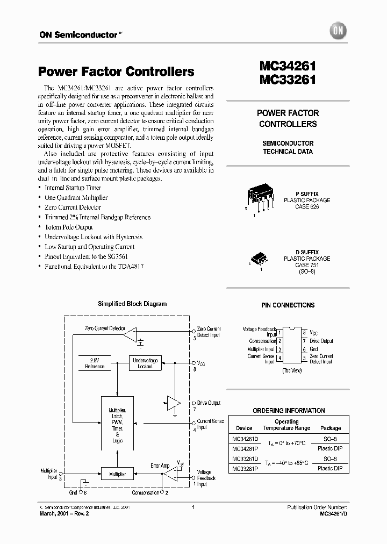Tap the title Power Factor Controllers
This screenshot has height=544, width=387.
coord(116,71)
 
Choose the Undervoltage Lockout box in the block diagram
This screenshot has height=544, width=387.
coord(145,363)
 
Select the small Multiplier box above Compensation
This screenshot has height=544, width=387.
coord(117,474)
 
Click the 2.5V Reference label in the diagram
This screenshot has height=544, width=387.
coord(95,363)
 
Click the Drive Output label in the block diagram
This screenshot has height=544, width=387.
coord(209,403)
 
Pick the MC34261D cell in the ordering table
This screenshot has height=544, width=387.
coord(244,439)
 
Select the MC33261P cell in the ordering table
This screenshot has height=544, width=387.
coord(244,468)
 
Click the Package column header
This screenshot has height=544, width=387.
coord(330,428)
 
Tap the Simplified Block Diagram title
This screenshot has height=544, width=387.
coord(132,304)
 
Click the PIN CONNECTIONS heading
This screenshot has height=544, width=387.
coord(288,305)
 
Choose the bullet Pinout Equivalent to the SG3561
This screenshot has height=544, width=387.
coord(86,256)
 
